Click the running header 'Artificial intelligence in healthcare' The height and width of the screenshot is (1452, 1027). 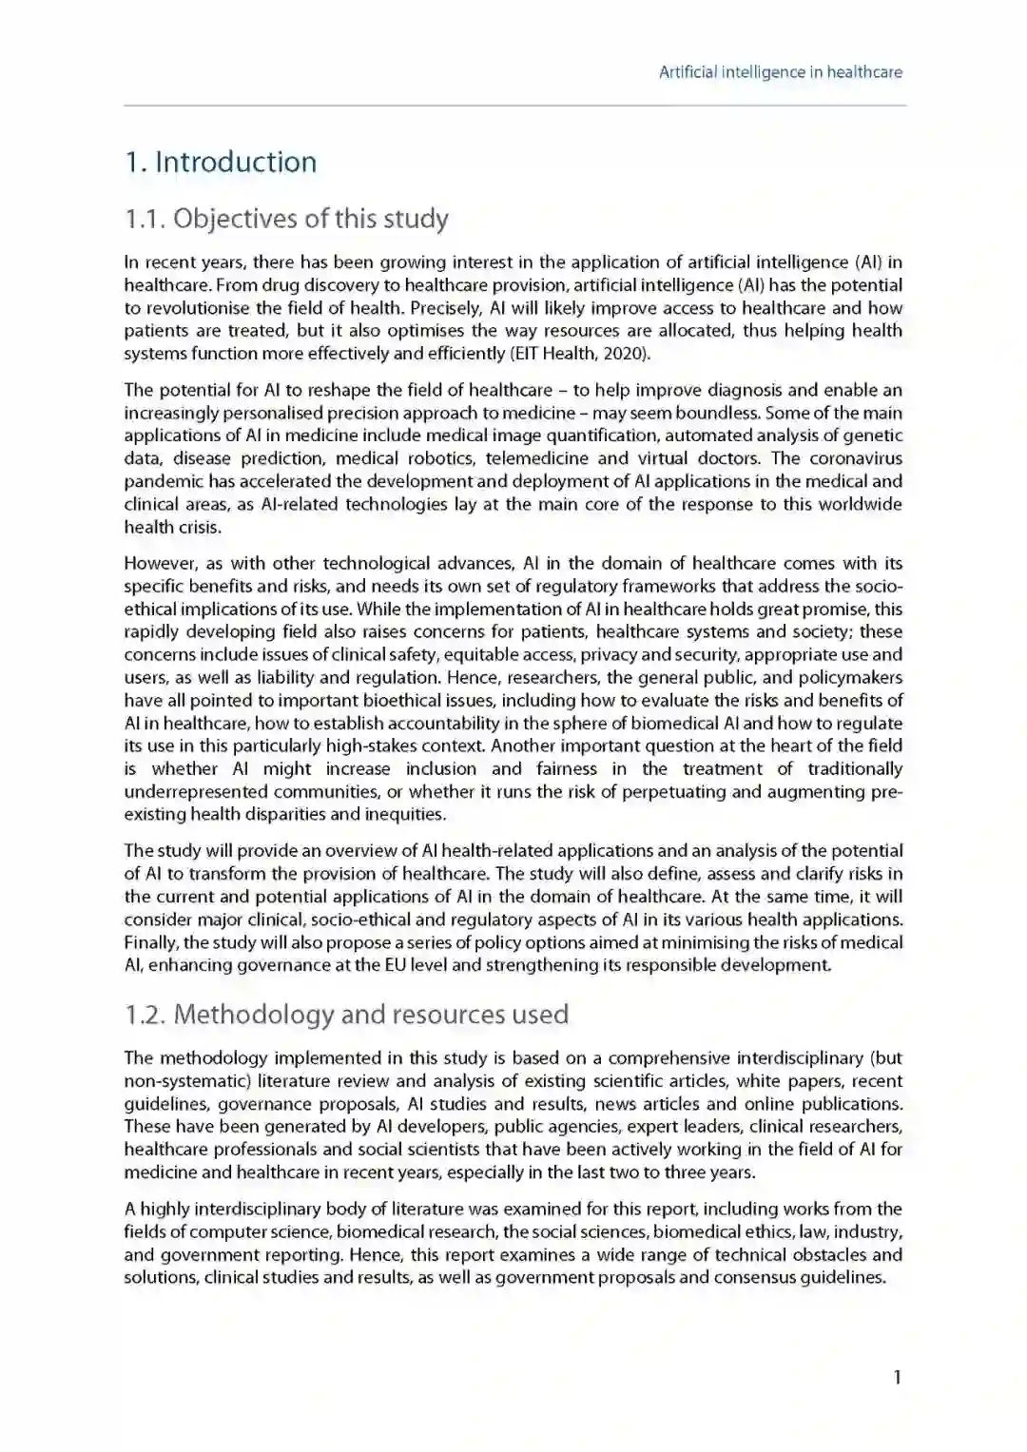click(x=780, y=72)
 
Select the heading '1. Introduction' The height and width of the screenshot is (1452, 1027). click(x=221, y=162)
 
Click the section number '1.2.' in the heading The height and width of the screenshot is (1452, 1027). click(x=145, y=1015)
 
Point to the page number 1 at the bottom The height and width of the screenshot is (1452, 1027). click(x=897, y=1377)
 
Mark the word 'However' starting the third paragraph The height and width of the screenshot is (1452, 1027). click(x=159, y=564)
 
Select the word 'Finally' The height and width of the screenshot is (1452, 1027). click(x=150, y=942)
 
